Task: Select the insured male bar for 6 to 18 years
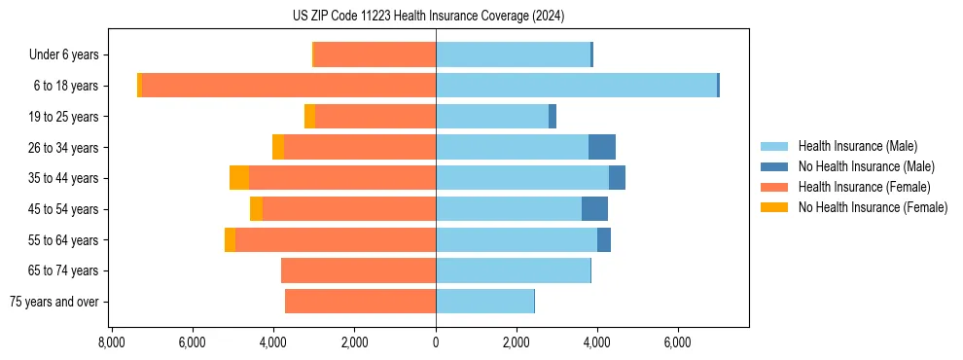click(576, 86)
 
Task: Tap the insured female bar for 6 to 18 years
click(289, 86)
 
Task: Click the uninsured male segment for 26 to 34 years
click(601, 147)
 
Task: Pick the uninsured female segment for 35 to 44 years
click(239, 178)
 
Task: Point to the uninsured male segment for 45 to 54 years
click(594, 209)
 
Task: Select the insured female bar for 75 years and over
click(360, 302)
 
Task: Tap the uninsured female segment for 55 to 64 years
click(230, 240)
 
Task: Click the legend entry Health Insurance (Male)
click(857, 146)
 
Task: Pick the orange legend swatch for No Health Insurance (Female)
click(774, 207)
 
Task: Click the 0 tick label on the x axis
click(436, 342)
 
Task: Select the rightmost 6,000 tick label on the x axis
click(677, 342)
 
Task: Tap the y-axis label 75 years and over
click(53, 302)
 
